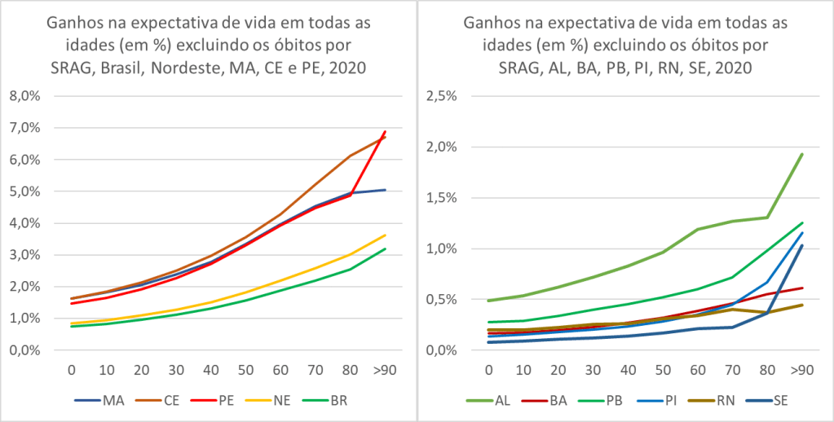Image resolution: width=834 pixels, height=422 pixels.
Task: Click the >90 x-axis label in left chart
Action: point(384,369)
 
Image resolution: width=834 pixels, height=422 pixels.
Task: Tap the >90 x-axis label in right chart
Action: point(801,369)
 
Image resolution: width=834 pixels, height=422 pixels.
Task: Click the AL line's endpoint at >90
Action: point(801,154)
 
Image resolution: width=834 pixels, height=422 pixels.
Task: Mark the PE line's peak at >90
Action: point(384,131)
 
